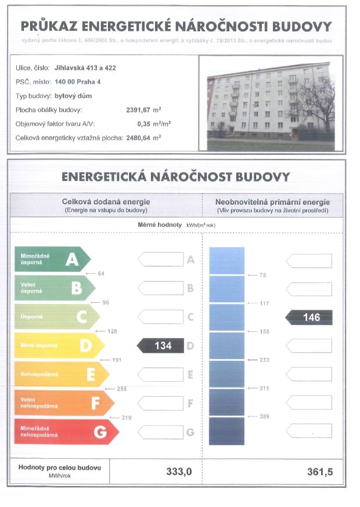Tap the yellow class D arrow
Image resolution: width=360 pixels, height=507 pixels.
click(59, 346)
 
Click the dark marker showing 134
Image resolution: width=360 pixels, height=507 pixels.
click(159, 346)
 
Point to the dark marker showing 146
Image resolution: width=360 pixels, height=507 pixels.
click(310, 317)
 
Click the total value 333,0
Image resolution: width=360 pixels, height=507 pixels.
click(179, 472)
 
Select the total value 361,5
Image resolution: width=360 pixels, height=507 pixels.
click(320, 472)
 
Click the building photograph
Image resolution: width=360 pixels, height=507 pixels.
click(271, 104)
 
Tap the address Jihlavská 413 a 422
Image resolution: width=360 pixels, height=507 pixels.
click(85, 68)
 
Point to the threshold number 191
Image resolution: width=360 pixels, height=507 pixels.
click(116, 360)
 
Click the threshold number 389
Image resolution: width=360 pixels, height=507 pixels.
click(264, 417)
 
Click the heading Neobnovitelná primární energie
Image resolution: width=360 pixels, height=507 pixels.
click(272, 201)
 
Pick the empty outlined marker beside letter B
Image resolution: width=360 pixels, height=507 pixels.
click(161, 288)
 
